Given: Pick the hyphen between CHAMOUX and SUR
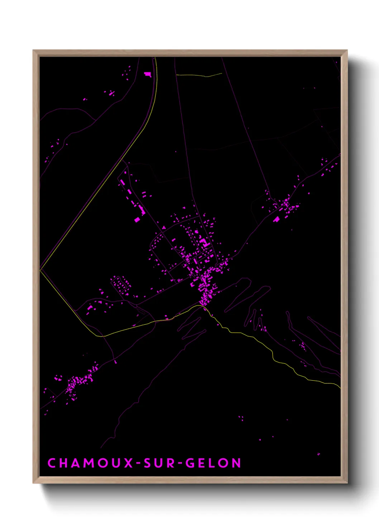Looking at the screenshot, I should point(138,463).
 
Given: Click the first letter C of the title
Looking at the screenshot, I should point(52,463).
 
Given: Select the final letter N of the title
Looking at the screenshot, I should point(236,463).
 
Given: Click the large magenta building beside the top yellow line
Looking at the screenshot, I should point(148,74).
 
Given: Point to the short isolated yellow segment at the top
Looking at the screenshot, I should point(199,75).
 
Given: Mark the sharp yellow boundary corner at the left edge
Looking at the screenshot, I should point(40,269).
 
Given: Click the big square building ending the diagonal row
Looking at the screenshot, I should point(137,220).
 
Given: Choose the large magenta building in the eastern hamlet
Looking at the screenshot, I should point(276,219).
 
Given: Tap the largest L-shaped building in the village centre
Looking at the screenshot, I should point(204,243).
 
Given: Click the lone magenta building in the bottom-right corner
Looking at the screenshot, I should point(318,454).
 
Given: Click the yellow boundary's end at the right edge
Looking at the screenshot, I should point(340,387).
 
